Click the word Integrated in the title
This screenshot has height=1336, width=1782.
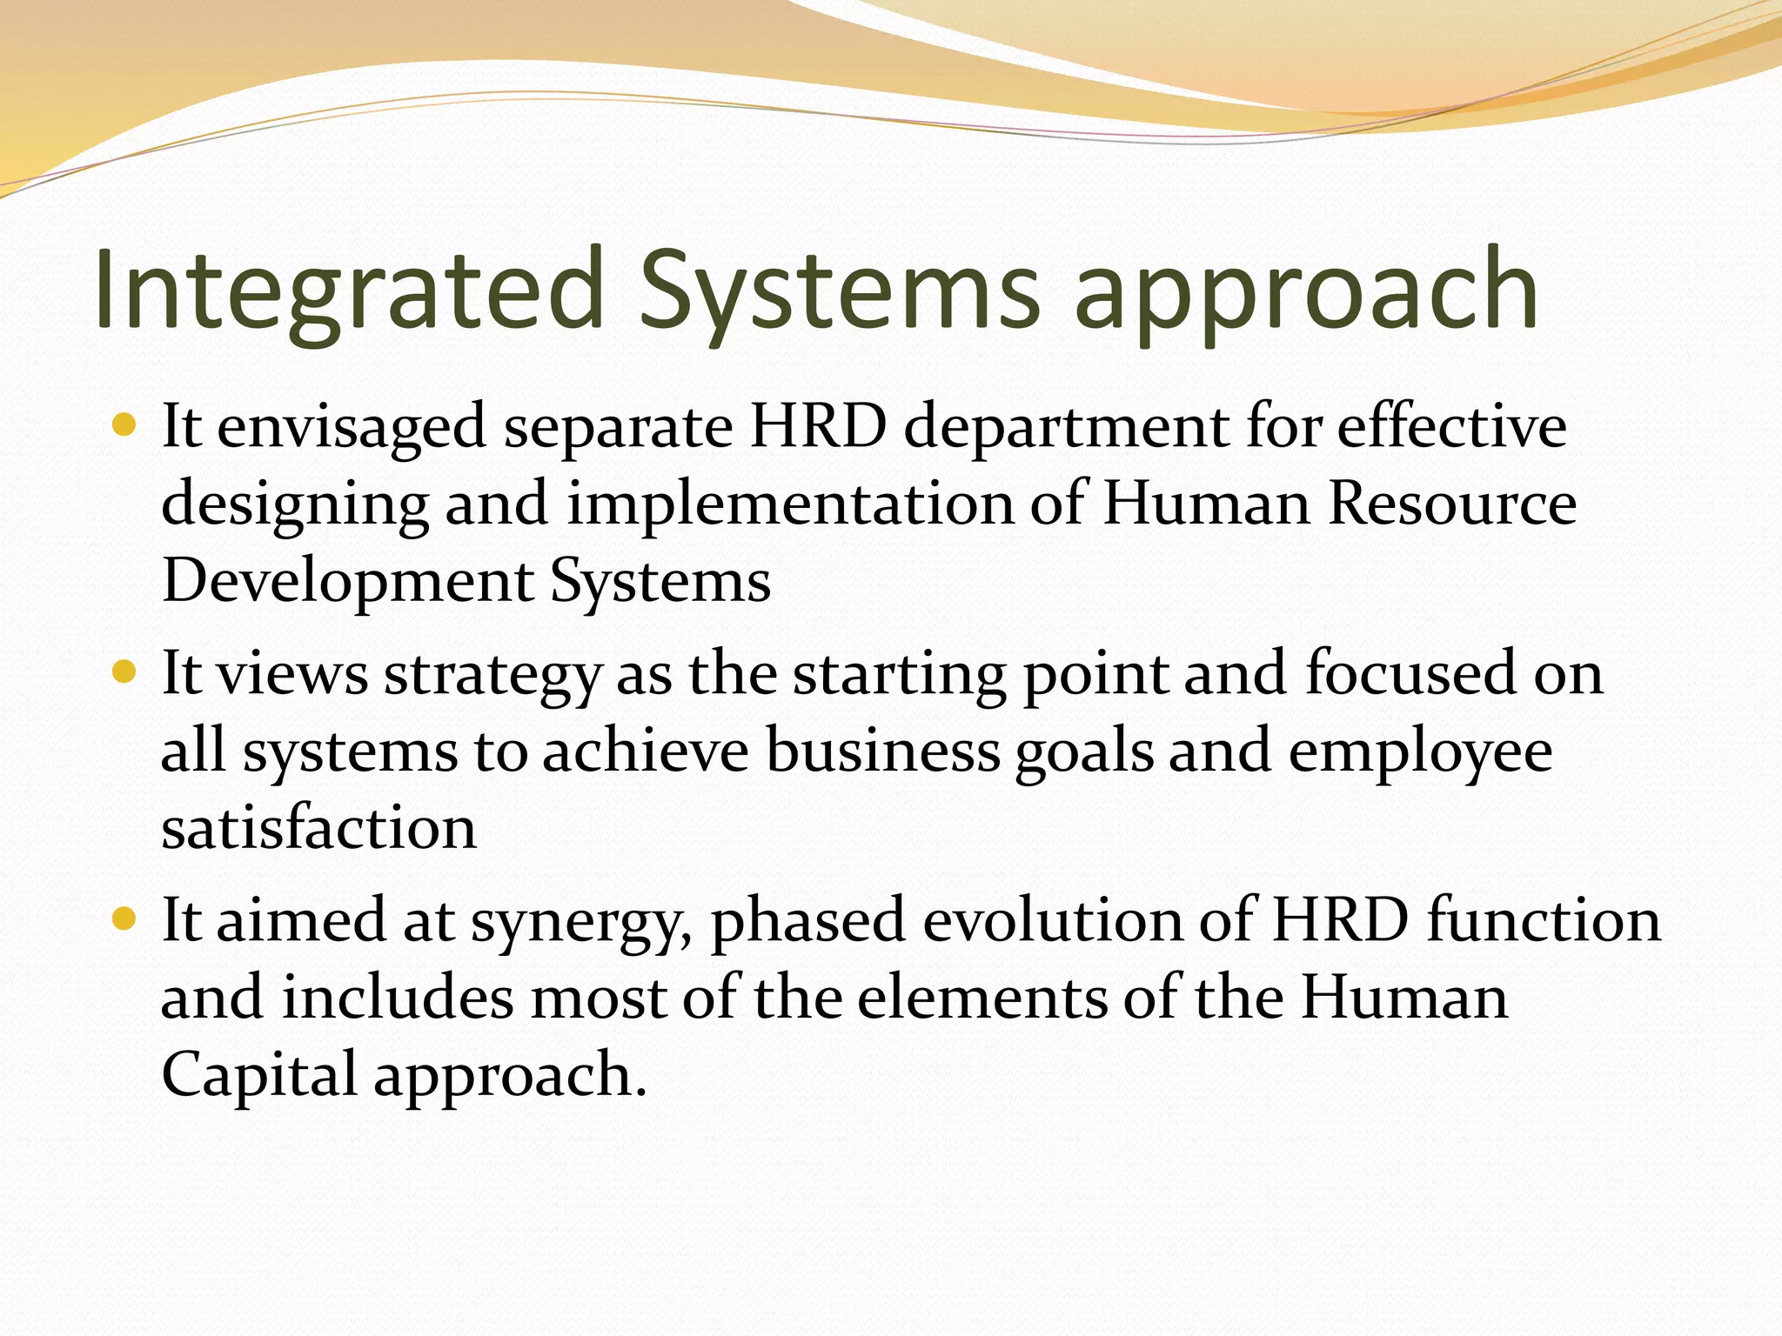click(x=348, y=290)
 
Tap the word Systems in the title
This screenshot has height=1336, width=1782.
click(x=840, y=290)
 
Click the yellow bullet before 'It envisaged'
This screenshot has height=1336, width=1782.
click(x=125, y=425)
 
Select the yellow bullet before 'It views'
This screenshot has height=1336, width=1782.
click(x=125, y=672)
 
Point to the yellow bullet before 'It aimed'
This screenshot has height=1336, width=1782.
click(x=125, y=919)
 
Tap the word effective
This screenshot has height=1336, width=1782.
click(x=1451, y=427)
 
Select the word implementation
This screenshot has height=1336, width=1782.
click(x=790, y=504)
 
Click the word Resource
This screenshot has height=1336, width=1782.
click(x=1451, y=504)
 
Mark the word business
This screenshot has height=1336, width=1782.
click(x=882, y=751)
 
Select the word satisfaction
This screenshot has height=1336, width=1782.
click(x=318, y=828)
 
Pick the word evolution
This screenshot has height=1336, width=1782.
click(x=1052, y=921)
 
